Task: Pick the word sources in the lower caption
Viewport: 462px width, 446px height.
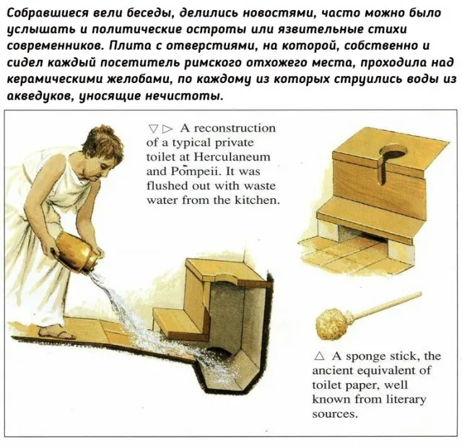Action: (x=334, y=413)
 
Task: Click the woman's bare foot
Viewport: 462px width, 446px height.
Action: (x=54, y=331)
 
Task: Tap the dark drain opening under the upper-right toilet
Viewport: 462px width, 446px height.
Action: (x=361, y=233)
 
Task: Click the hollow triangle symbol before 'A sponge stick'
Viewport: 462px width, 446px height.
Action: (x=319, y=356)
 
